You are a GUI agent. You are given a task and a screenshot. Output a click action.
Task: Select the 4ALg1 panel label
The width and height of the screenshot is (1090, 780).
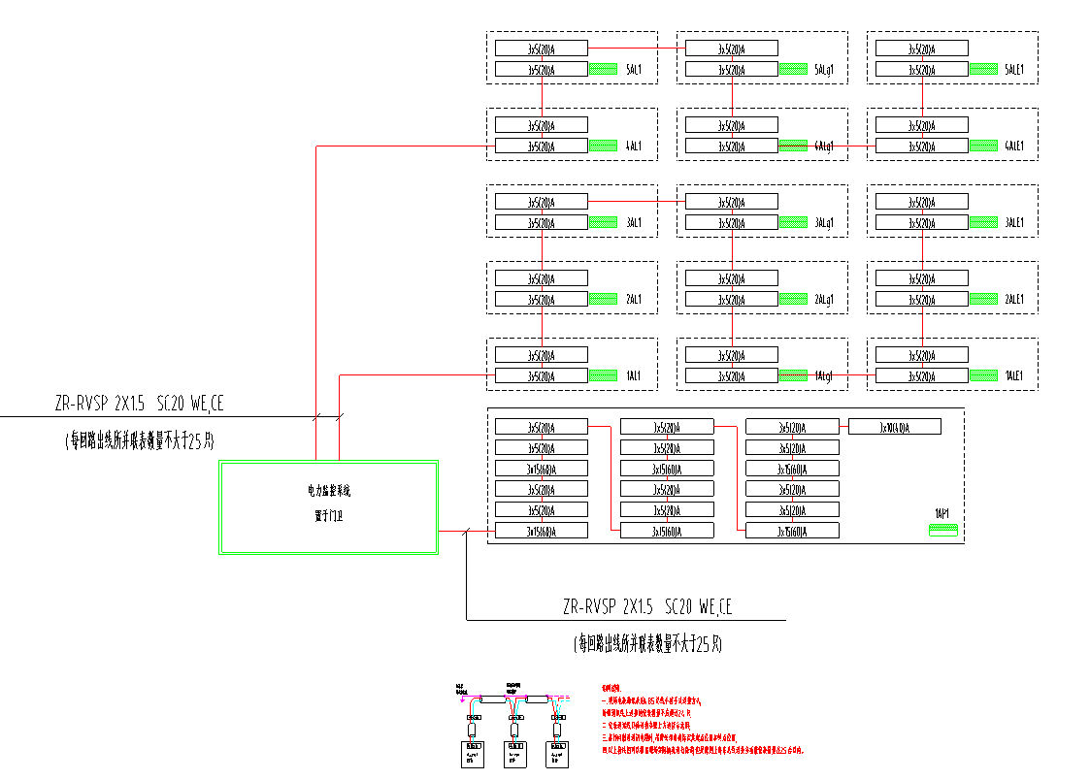(826, 146)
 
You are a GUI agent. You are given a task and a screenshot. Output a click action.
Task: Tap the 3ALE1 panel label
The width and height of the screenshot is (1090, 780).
(1015, 223)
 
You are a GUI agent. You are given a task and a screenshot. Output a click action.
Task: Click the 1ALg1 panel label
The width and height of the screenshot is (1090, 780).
(825, 375)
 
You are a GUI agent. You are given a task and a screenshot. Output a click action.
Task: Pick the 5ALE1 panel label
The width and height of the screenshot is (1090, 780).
(1015, 70)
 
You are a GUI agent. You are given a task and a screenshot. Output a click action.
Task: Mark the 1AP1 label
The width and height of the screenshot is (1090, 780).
(941, 512)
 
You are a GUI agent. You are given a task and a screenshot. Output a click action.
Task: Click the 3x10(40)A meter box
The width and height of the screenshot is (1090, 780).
(894, 427)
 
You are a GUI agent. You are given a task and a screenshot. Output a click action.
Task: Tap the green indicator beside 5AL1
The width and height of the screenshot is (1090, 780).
(604, 70)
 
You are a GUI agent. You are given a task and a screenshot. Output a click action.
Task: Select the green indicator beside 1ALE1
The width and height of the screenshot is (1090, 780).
(984, 375)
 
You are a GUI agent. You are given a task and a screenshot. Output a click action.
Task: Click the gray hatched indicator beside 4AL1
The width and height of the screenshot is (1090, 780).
(604, 146)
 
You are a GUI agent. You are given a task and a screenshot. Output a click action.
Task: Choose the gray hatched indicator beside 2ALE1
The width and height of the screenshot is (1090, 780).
(984, 299)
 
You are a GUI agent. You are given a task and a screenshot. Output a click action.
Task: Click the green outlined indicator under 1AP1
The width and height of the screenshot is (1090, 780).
(943, 530)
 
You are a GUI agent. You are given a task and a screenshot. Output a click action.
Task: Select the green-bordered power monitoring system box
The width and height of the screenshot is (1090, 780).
(329, 507)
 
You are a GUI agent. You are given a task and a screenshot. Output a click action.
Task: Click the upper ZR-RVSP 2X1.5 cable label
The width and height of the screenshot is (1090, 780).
(145, 404)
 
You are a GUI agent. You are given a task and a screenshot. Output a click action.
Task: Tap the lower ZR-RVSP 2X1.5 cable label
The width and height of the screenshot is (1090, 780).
(647, 607)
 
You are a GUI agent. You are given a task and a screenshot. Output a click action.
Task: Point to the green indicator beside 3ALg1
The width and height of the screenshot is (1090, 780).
(794, 223)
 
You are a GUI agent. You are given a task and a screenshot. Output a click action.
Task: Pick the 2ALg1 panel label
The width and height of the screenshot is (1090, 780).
(825, 299)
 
